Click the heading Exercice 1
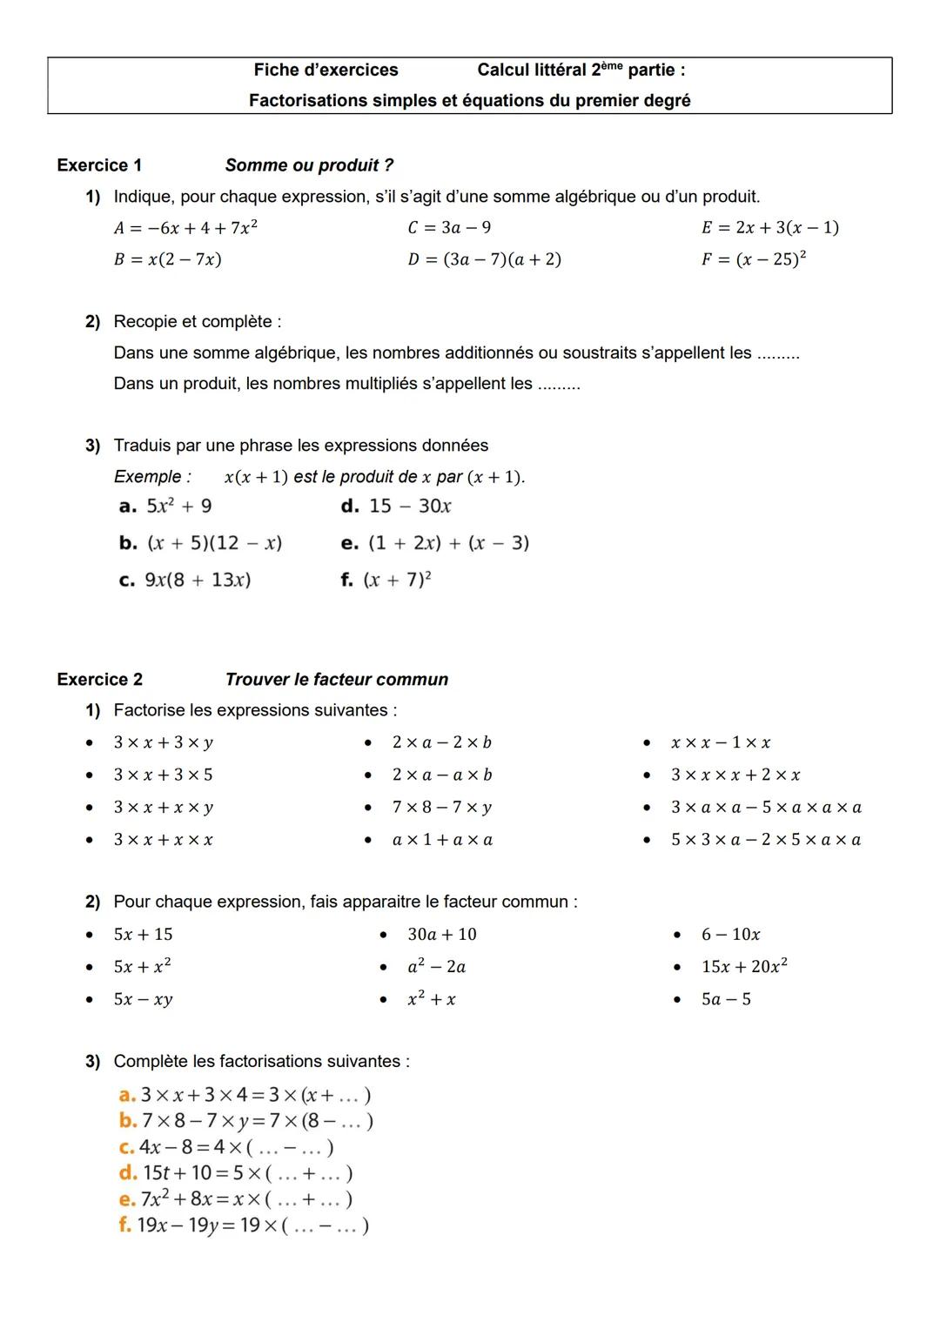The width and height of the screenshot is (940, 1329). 99,165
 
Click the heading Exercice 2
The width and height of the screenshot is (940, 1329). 99,680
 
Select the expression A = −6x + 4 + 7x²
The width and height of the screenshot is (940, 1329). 185,228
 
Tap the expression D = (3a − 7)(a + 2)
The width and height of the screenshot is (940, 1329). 484,259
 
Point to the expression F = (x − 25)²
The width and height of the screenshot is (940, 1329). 754,259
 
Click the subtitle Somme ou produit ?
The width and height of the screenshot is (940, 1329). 309,165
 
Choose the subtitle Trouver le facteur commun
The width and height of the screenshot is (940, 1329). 336,680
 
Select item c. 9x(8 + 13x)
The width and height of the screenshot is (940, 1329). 185,581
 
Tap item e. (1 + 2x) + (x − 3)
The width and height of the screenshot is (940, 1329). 435,543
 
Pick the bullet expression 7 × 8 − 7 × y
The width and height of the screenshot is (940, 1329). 441,808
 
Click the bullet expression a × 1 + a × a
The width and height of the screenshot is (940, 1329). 442,841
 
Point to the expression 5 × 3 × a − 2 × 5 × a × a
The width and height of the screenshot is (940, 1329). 766,841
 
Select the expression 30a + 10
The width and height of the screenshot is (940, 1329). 442,935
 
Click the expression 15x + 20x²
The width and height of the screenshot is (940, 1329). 744,967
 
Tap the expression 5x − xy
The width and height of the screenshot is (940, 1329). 143,1000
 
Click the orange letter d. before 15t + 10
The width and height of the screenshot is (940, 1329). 127,1173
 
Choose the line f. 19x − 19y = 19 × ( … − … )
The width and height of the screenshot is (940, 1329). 244,1225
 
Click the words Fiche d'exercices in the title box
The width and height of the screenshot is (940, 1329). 326,70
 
